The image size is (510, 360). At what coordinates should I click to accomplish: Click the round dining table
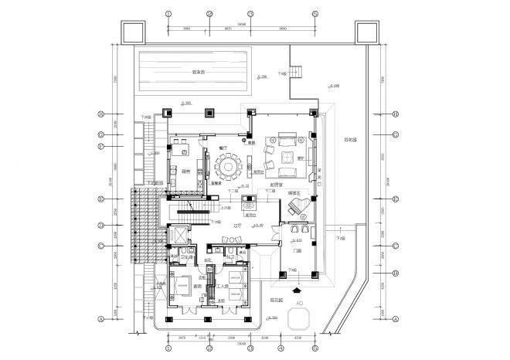click(229, 166)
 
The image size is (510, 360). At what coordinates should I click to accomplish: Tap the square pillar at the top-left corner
click(131, 32)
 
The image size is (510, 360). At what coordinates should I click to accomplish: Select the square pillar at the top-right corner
click(366, 32)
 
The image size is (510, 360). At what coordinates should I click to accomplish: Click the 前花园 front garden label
click(276, 299)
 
